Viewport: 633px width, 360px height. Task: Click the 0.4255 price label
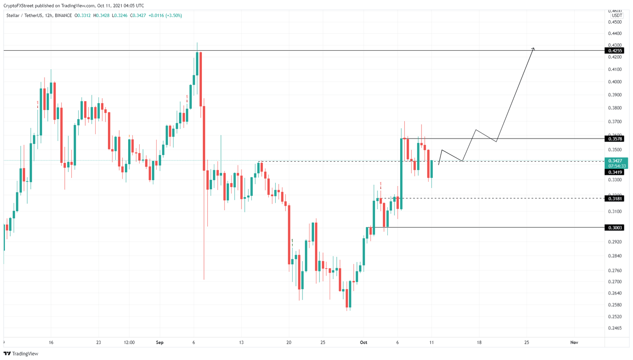point(614,51)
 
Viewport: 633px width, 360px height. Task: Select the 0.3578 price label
point(614,139)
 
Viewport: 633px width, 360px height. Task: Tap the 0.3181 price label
point(614,198)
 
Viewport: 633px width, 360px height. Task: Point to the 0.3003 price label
point(614,228)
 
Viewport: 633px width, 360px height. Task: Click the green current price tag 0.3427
point(616,161)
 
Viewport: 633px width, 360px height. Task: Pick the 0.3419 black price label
point(614,172)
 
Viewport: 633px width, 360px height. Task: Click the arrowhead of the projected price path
point(533,49)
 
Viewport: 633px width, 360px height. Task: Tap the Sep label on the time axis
point(160,343)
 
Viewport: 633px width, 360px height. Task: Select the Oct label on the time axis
point(363,343)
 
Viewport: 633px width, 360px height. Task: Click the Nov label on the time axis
point(574,343)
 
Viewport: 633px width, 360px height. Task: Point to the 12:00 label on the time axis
point(129,343)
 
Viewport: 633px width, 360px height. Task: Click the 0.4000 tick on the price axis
point(614,82)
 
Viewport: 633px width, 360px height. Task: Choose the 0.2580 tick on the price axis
point(614,305)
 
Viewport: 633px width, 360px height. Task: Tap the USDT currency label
point(617,16)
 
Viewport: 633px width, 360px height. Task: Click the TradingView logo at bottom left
point(21,353)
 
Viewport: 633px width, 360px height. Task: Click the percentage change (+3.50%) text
point(173,16)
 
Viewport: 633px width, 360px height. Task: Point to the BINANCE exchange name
point(63,16)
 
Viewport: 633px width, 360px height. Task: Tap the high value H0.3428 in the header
point(101,16)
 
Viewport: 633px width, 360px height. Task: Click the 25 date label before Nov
point(527,343)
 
